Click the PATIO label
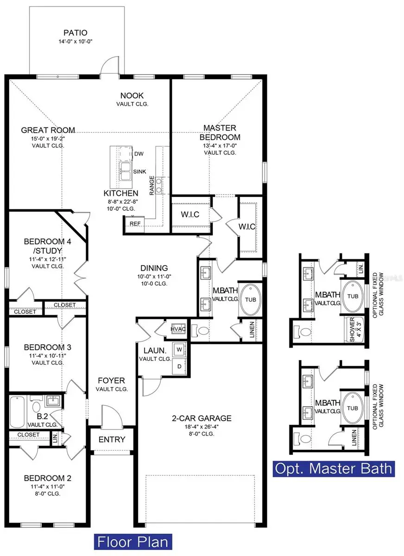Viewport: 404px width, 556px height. (76, 33)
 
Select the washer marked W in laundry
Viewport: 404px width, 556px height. (178, 349)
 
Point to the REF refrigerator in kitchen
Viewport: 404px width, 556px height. (135, 223)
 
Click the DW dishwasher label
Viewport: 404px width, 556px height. (138, 154)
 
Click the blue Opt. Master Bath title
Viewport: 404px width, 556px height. (334, 468)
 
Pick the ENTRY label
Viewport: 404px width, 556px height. (112, 439)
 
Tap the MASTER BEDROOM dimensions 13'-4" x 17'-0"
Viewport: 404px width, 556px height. (220, 145)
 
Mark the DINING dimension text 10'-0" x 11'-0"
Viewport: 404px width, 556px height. (154, 277)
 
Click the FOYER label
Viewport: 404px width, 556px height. (112, 380)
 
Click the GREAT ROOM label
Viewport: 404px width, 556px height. (48, 130)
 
